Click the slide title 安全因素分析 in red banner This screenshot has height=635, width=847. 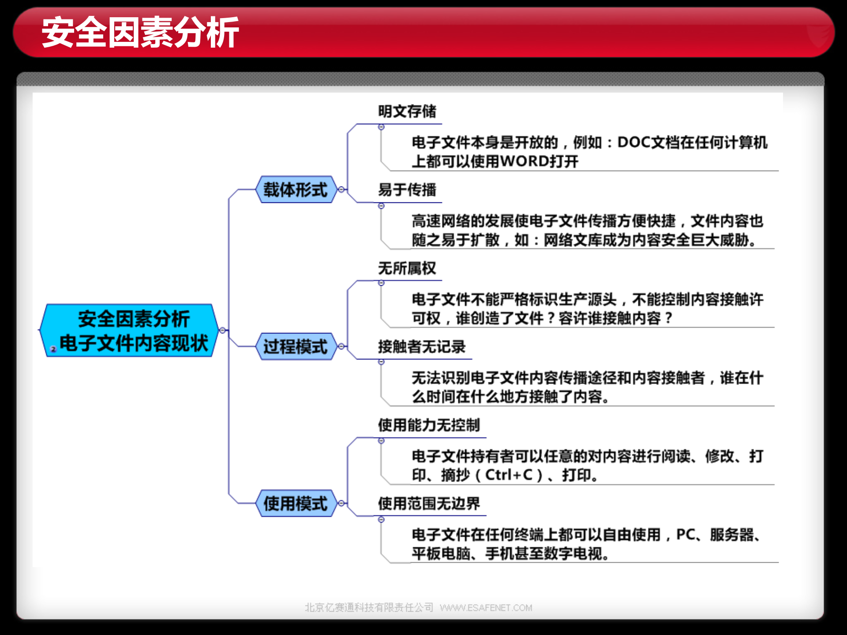(140, 32)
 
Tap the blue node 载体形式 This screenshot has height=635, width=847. (295, 190)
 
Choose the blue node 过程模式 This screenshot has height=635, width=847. (295, 347)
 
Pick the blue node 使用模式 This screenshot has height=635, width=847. (295, 503)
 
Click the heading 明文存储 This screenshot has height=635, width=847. (407, 112)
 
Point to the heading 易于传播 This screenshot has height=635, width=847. (407, 190)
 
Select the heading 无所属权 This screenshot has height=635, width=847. (407, 268)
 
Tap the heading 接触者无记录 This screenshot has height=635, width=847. (422, 347)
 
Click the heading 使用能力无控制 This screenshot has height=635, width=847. (429, 425)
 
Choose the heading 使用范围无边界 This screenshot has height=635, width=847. (429, 504)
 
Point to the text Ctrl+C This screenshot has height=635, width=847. (509, 475)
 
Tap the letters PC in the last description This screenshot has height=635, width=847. (685, 534)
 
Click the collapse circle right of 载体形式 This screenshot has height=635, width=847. (341, 190)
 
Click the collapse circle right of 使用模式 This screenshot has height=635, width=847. (341, 503)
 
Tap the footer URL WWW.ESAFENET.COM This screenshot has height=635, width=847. (486, 608)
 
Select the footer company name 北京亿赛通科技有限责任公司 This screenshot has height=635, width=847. (369, 608)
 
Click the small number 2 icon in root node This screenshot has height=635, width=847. (53, 349)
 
